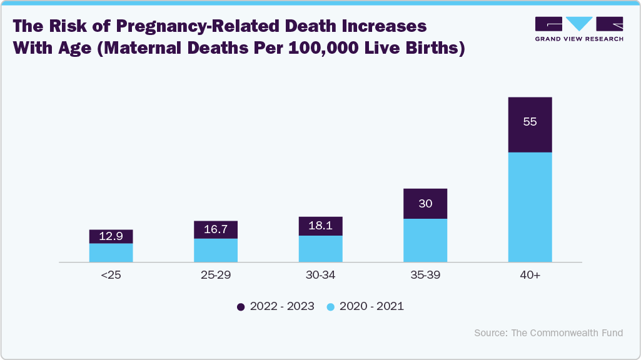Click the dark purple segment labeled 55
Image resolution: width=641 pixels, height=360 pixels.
pyautogui.click(x=530, y=125)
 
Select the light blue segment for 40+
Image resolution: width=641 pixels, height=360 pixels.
pyautogui.click(x=530, y=207)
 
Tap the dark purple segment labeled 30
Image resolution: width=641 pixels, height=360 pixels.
pyautogui.click(x=425, y=204)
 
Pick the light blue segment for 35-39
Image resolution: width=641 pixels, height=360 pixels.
pyautogui.click(x=425, y=240)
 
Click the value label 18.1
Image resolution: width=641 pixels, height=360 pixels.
pyautogui.click(x=320, y=226)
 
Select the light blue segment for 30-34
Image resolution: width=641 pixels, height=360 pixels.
pyautogui.click(x=320, y=249)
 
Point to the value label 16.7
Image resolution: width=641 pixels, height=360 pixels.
pyautogui.click(x=216, y=230)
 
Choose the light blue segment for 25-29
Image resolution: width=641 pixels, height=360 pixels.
pyautogui.click(x=216, y=250)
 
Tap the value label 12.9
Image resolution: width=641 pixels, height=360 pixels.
pyautogui.click(x=111, y=237)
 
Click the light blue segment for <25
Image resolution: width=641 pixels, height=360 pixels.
pyautogui.click(x=111, y=252)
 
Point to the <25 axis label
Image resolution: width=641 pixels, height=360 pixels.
pyautogui.click(x=111, y=275)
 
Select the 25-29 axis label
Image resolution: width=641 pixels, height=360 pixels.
pyautogui.click(x=216, y=275)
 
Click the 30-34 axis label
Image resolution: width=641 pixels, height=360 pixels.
pyautogui.click(x=320, y=275)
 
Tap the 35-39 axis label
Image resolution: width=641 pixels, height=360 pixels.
pyautogui.click(x=425, y=275)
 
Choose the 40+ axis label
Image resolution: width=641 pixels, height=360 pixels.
pyautogui.click(x=530, y=275)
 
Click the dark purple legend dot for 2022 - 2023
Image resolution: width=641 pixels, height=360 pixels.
pyautogui.click(x=241, y=307)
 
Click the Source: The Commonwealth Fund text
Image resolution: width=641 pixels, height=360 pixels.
pyautogui.click(x=548, y=333)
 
